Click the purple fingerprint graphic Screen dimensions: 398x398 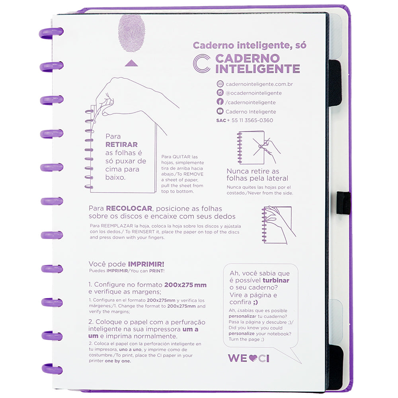pos(132,33)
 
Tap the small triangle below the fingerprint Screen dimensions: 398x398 pos(131,63)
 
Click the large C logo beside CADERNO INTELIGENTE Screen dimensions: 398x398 pos(201,63)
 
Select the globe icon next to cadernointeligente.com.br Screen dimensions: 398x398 pos(220,84)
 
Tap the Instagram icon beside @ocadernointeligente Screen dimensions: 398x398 pos(220,93)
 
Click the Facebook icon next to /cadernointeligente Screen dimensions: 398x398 pos(220,102)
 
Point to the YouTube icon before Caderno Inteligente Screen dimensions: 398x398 pos(220,111)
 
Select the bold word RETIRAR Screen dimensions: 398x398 pos(121,144)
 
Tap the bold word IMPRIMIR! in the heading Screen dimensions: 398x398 pos(146,264)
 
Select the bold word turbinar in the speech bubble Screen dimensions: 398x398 pos(276,280)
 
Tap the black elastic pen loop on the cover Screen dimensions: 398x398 pos(343,203)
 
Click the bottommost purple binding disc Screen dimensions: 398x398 pos(52,369)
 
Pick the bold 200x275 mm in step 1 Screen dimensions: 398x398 pos(185,285)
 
